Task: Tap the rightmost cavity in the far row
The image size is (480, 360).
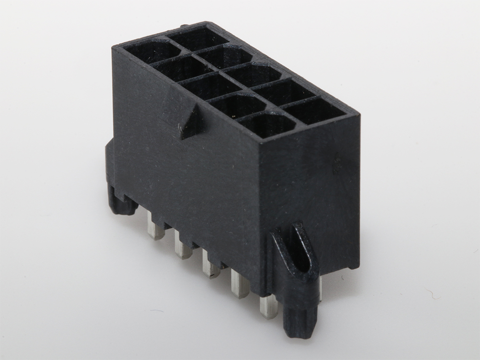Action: (314, 110)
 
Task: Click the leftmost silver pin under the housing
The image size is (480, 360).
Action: (156, 228)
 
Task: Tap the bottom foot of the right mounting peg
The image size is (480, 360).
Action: (300, 322)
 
